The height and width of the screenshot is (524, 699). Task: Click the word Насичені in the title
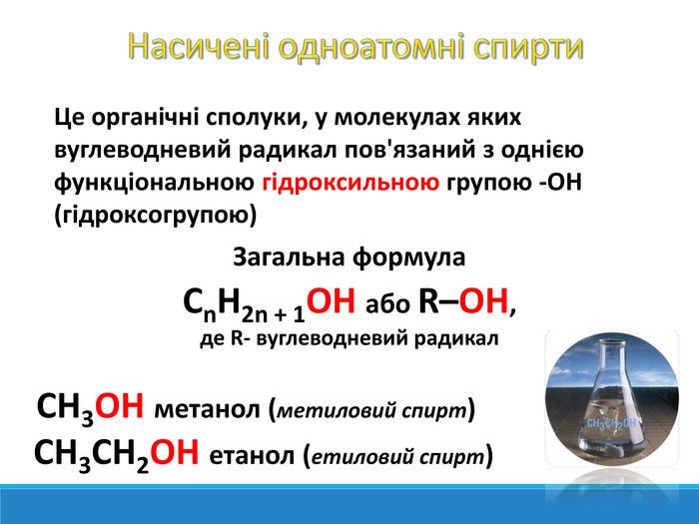pyautogui.click(x=199, y=46)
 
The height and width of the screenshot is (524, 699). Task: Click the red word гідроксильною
pyautogui.click(x=350, y=183)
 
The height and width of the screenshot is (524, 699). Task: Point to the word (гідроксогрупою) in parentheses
pyautogui.click(x=156, y=216)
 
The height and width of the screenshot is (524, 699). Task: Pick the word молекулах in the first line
pyautogui.click(x=397, y=118)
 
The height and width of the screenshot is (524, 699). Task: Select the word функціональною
pyautogui.click(x=154, y=183)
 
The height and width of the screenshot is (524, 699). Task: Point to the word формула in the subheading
pyautogui.click(x=409, y=259)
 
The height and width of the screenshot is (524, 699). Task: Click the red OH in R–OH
pyautogui.click(x=483, y=300)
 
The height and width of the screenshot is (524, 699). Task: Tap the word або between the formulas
pyautogui.click(x=387, y=304)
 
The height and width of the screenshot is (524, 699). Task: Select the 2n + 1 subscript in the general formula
pyautogui.click(x=274, y=315)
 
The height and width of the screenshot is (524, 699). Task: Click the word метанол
pyautogui.click(x=207, y=410)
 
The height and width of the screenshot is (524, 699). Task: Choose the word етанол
pyautogui.click(x=252, y=456)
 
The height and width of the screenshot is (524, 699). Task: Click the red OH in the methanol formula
pyautogui.click(x=120, y=405)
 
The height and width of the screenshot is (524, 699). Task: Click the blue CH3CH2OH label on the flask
pyautogui.click(x=611, y=424)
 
